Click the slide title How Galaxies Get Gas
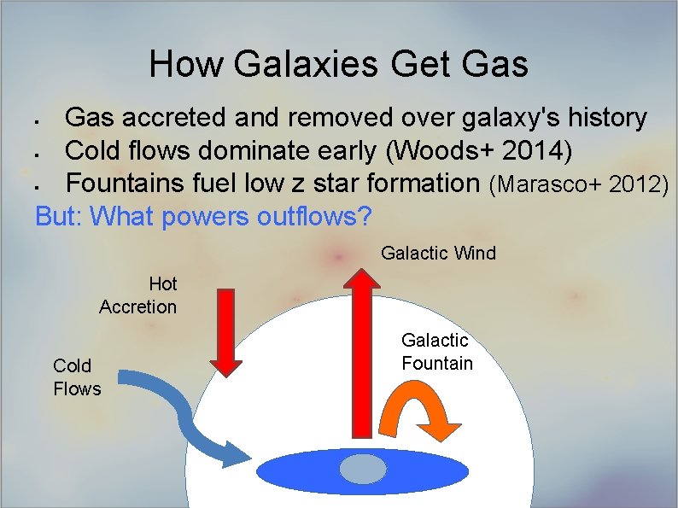338,64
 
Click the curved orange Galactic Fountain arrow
422,406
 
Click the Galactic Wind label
438,254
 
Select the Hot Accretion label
138,295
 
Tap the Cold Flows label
76,377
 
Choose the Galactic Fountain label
436,352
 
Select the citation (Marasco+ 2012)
578,184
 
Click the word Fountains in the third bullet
120,183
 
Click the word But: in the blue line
58,217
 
